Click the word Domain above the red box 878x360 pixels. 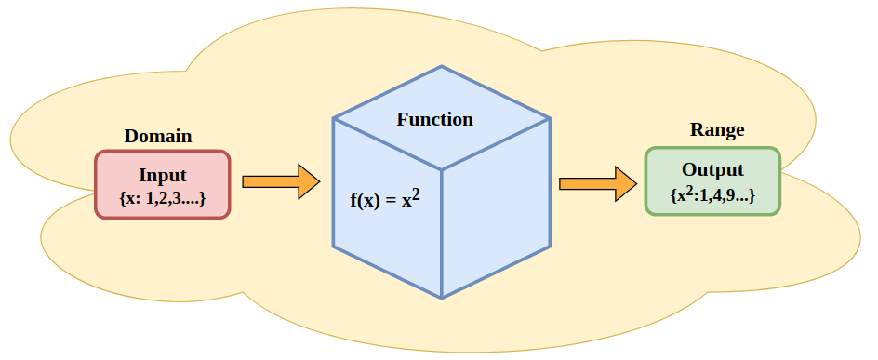158,136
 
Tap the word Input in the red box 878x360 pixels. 163,175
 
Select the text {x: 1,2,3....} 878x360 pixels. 163,198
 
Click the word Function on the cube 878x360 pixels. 434,119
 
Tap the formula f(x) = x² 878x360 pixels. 385,198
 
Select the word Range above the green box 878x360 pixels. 716,130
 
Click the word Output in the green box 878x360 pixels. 712,170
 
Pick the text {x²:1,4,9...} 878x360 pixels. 712,195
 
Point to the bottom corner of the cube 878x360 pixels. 442,298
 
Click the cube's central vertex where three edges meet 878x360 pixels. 442,170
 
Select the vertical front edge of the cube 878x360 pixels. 442,233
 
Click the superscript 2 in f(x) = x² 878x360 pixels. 418,193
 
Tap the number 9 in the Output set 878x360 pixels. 736,196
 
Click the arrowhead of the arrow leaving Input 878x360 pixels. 308,181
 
